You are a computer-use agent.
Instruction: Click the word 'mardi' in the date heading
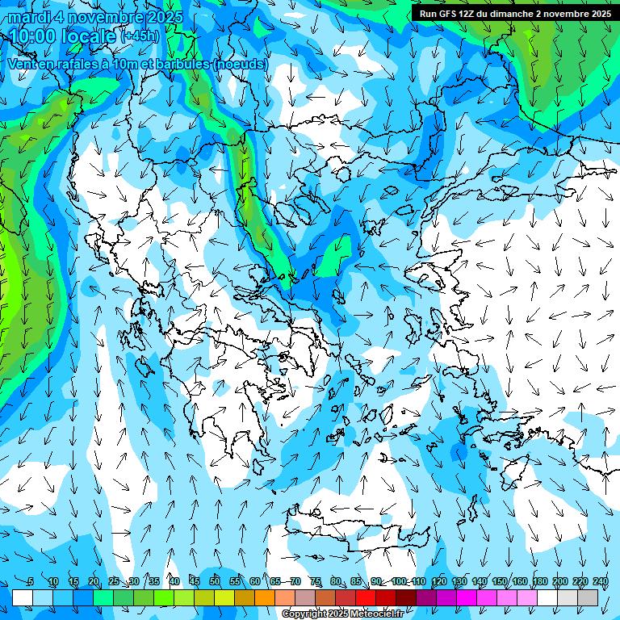(x=30, y=17)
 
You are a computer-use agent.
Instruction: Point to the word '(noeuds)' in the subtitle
(x=240, y=63)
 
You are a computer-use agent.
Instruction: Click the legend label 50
(x=215, y=581)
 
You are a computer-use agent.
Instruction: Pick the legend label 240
(x=600, y=581)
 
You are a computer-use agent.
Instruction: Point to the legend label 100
(x=399, y=581)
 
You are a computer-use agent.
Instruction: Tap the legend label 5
(x=30, y=581)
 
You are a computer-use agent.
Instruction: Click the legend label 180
(x=540, y=581)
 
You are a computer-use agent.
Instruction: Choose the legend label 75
(x=316, y=581)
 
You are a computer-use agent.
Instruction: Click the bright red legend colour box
(x=366, y=597)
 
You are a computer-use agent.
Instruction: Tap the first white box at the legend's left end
(x=23, y=597)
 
